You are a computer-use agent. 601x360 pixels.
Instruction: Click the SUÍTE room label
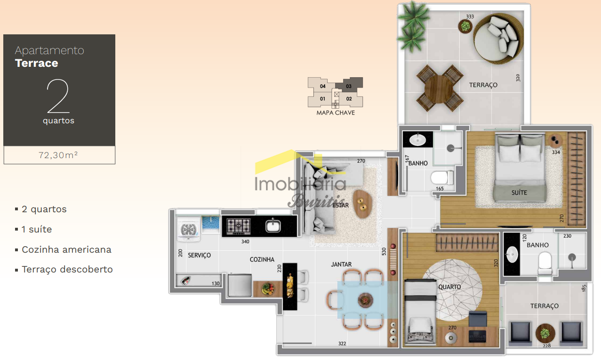click(x=519, y=192)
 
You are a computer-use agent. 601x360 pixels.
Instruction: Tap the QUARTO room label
click(x=449, y=287)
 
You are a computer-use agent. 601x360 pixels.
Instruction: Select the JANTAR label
click(x=341, y=264)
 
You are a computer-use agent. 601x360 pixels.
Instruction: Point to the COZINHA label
click(x=262, y=259)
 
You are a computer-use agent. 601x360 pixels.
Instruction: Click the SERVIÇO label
click(x=200, y=255)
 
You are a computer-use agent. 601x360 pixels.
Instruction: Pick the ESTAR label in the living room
click(x=340, y=205)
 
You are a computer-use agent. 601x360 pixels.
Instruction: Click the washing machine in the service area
click(x=189, y=229)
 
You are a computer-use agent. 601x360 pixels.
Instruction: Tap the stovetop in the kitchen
click(x=239, y=226)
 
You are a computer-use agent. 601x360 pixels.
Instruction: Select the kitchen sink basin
click(x=273, y=226)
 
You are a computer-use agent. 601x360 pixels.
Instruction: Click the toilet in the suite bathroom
click(x=442, y=178)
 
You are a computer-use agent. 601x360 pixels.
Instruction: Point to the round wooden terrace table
click(x=439, y=88)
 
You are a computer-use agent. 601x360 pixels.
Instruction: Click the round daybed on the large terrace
click(x=498, y=39)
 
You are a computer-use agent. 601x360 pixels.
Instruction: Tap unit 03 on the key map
click(x=349, y=86)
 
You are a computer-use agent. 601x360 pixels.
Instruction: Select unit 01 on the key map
click(x=322, y=99)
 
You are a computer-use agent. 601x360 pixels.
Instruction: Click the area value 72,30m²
click(x=58, y=155)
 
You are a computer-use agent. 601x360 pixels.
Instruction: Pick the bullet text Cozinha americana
click(x=66, y=249)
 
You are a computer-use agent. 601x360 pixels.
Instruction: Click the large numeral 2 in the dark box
click(x=58, y=96)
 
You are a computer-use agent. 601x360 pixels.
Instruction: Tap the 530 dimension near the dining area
click(x=384, y=251)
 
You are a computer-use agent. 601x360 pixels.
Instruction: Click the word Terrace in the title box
click(x=37, y=63)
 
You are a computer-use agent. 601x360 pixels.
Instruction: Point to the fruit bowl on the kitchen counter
click(x=267, y=289)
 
